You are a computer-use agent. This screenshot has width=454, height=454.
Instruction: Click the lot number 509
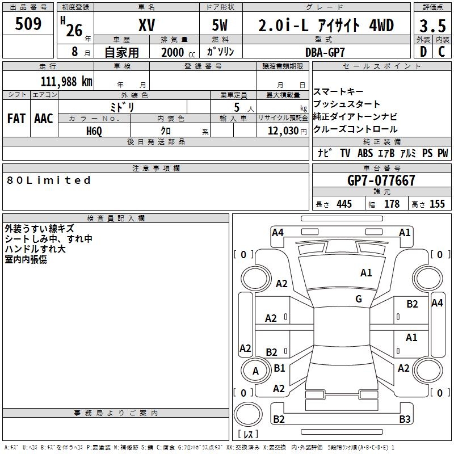point(28,24)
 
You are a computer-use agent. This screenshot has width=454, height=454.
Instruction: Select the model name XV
point(146,26)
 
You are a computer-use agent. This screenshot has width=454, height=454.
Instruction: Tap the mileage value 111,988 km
point(66,81)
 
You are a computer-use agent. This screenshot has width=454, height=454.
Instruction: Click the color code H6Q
point(94,131)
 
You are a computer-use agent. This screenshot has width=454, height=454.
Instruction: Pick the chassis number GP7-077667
point(381,180)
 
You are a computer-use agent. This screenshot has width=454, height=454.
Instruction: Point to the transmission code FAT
point(16,119)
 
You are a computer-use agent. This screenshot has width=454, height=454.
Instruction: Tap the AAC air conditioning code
point(44,119)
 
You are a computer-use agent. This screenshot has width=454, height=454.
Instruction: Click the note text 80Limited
point(49,180)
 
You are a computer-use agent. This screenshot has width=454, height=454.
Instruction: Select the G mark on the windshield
point(359,299)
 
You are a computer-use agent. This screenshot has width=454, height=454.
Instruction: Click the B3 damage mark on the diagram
point(404,419)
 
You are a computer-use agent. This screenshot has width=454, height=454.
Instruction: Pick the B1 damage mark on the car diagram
point(279,368)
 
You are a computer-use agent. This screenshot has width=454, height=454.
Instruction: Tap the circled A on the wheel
point(255,371)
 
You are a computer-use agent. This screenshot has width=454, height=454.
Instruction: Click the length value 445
point(344,204)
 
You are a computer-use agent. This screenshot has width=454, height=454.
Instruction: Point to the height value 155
point(437,204)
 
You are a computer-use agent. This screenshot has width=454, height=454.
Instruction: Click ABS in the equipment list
point(365,153)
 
